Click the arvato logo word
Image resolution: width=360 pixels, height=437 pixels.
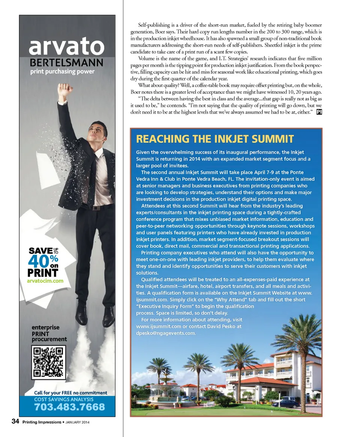[x=67, y=46]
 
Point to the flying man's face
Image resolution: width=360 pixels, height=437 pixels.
[x=97, y=132]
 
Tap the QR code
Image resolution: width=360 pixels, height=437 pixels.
[x=48, y=362]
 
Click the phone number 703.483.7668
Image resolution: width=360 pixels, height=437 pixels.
[x=69, y=407]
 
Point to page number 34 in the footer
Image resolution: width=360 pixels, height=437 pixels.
[x=15, y=422]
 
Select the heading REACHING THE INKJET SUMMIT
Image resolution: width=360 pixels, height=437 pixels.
[x=215, y=139]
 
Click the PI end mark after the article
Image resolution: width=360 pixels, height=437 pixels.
[x=319, y=112]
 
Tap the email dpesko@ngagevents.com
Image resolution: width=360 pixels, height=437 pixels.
[x=166, y=333]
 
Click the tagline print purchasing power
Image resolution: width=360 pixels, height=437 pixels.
[x=62, y=72]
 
